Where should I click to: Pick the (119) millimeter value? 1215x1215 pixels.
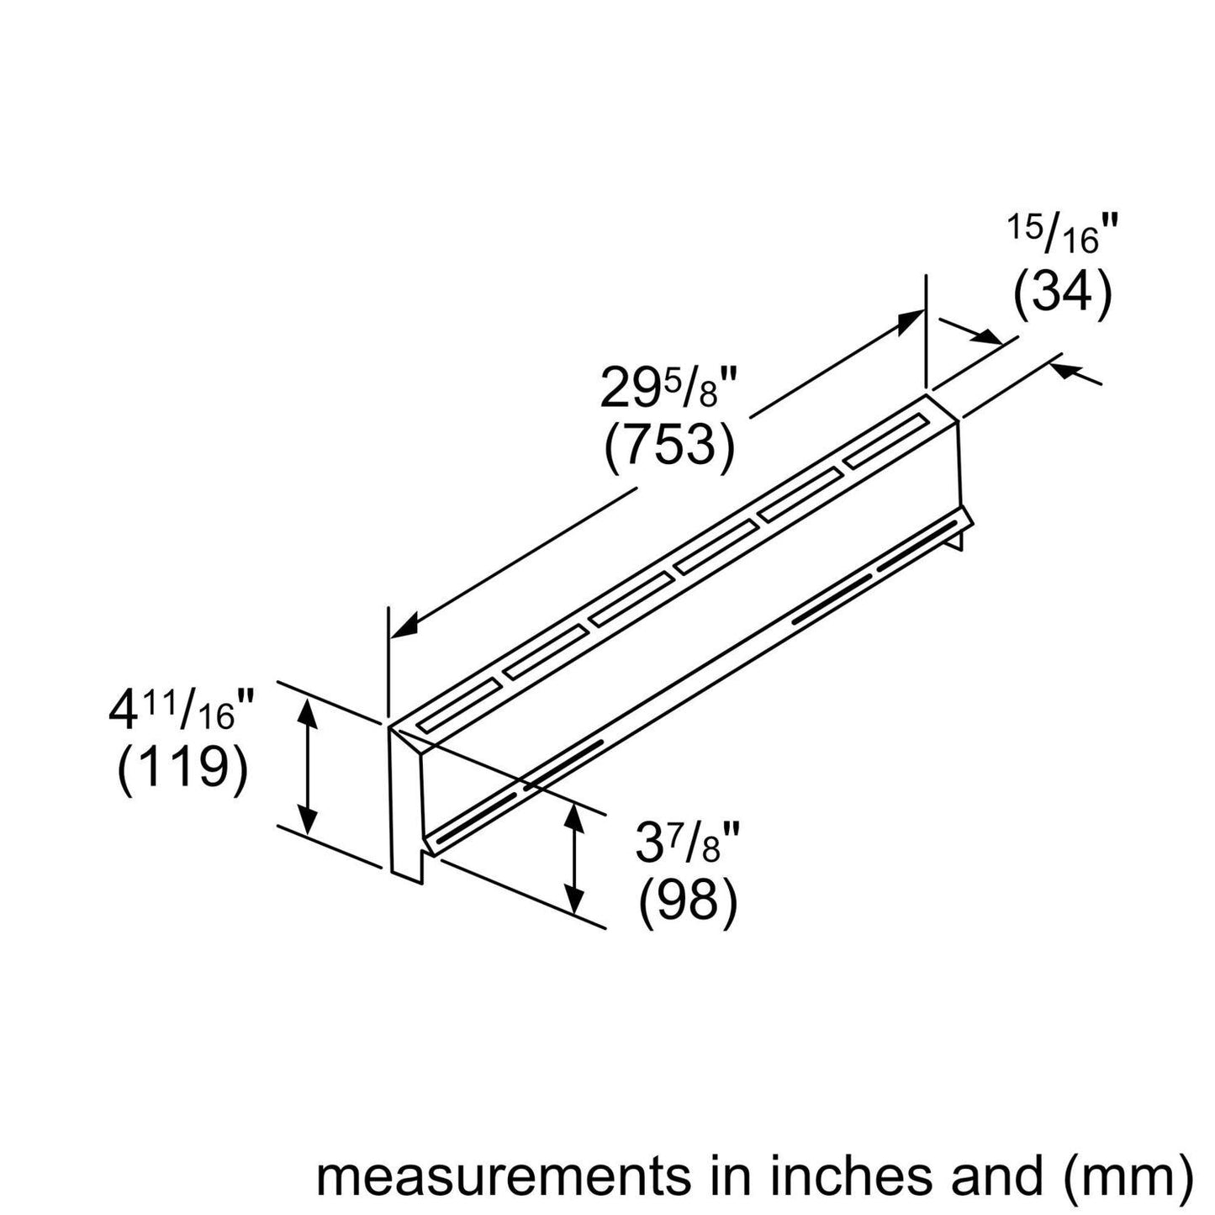182,770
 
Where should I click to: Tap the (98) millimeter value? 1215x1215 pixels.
688,902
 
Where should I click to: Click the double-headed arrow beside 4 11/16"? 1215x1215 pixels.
309,765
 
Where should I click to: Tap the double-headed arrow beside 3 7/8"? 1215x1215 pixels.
574,858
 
